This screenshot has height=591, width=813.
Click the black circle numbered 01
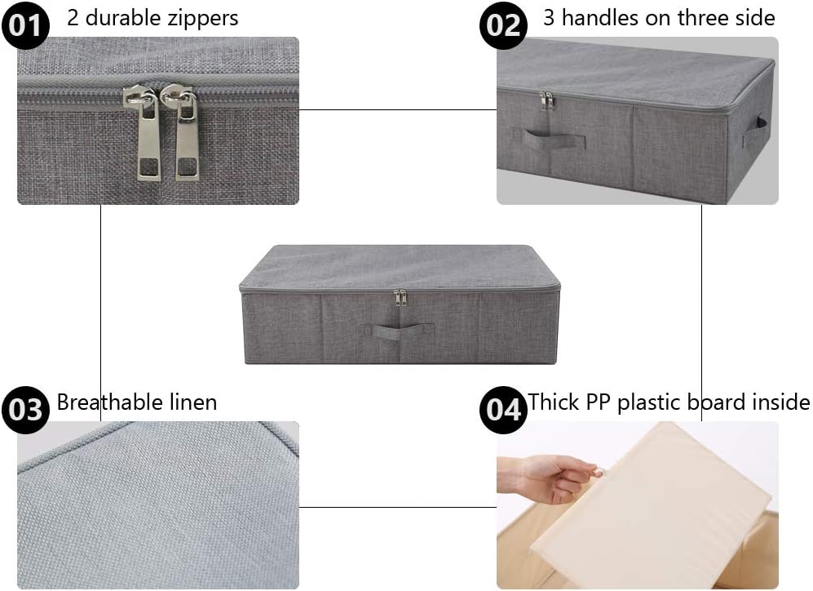pos(25,25)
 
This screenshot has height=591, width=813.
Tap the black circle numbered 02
pos(504,25)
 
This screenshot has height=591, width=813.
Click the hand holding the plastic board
pos(555,477)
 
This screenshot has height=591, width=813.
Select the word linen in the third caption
pos(192,402)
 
